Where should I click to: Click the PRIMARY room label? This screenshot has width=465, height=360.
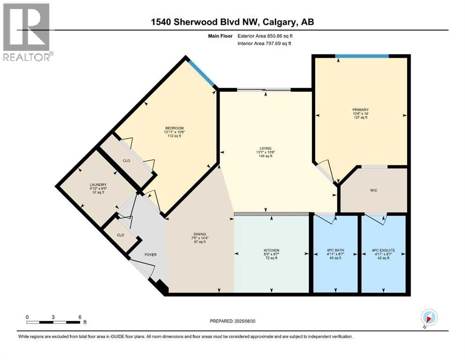(x=361, y=110)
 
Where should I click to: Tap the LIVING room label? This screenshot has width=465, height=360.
(x=265, y=148)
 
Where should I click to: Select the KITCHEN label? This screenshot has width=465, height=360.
(x=272, y=251)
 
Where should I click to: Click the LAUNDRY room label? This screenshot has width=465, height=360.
(x=98, y=185)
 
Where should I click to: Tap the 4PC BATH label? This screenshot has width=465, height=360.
(x=335, y=251)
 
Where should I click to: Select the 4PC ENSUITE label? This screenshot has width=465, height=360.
(x=383, y=251)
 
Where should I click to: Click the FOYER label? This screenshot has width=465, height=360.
(x=150, y=255)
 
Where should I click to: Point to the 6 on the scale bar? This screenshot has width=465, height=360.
(x=80, y=316)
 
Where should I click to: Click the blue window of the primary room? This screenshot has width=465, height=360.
(x=362, y=56)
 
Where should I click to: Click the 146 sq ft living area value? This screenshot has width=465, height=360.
(x=265, y=156)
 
